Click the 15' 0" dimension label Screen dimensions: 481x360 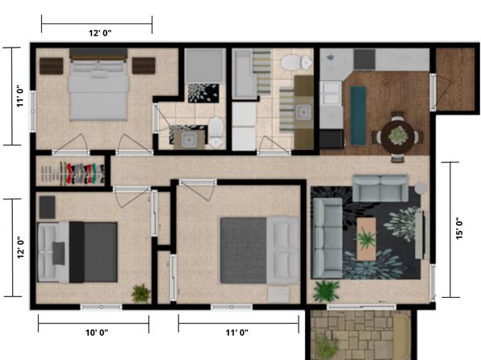click(459, 228)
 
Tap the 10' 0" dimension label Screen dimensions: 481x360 click(97, 333)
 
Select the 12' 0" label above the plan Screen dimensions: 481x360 click(100, 33)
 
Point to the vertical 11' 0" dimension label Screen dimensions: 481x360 click(20, 96)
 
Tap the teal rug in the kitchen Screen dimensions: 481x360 click(358, 115)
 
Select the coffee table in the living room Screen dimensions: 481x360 click(366, 239)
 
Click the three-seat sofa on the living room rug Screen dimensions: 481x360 click(328, 238)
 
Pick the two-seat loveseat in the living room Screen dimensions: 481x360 click(380, 188)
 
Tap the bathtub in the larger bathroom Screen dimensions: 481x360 click(244, 74)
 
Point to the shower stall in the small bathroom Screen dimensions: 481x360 click(205, 65)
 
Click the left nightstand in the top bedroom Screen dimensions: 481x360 click(52, 66)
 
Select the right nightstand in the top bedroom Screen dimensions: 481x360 click(144, 65)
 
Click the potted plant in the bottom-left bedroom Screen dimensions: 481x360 click(141, 293)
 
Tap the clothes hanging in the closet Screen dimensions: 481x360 click(82, 174)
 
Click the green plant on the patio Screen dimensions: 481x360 click(326, 348)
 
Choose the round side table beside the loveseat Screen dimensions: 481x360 click(420, 188)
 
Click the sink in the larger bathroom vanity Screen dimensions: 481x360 click(303, 112)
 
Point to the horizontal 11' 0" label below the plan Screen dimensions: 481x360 click(236, 333)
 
